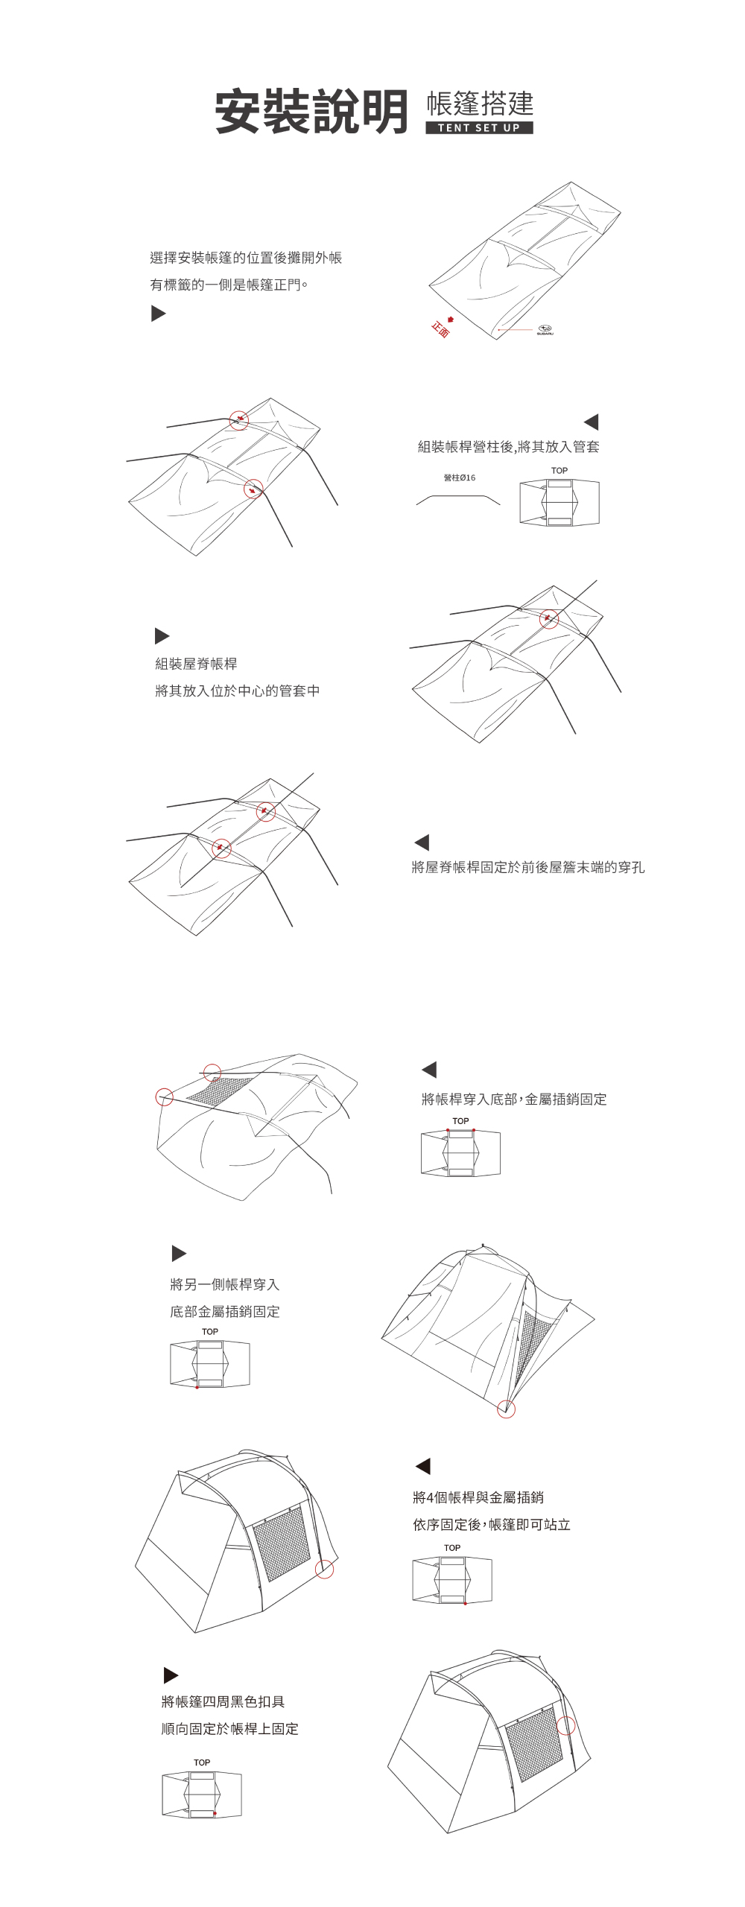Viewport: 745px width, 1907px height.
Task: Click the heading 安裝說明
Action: click(x=311, y=112)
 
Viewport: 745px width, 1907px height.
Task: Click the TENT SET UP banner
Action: click(x=479, y=127)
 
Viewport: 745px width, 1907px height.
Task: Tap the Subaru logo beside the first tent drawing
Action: click(x=545, y=329)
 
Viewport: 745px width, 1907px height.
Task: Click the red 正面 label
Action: click(x=440, y=329)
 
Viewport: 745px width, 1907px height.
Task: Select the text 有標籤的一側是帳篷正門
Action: click(x=229, y=285)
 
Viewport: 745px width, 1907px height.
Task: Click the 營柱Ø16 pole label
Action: click(x=459, y=477)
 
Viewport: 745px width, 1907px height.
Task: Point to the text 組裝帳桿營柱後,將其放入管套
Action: click(x=508, y=446)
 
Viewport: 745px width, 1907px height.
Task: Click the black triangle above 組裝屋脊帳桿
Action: click(x=162, y=635)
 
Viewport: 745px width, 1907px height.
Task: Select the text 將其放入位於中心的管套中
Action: click(x=237, y=691)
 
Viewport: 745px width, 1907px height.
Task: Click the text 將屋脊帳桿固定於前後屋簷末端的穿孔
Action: click(x=527, y=867)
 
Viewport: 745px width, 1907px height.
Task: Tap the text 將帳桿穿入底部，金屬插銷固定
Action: click(x=513, y=1099)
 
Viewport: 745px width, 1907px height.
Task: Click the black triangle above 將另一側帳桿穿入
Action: click(x=179, y=1253)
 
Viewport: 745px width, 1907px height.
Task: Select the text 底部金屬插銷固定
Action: click(x=224, y=1311)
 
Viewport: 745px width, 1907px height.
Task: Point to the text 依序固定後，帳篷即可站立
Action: click(x=491, y=1524)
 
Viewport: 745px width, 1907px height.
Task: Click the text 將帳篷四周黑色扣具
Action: click(x=223, y=1701)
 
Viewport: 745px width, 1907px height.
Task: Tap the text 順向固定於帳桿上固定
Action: click(x=229, y=1728)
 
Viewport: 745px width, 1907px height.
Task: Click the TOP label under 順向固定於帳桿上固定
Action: click(x=202, y=1762)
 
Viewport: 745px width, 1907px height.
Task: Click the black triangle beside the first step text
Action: click(x=158, y=313)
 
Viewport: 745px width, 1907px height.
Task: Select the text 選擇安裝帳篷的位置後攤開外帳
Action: click(x=246, y=258)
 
